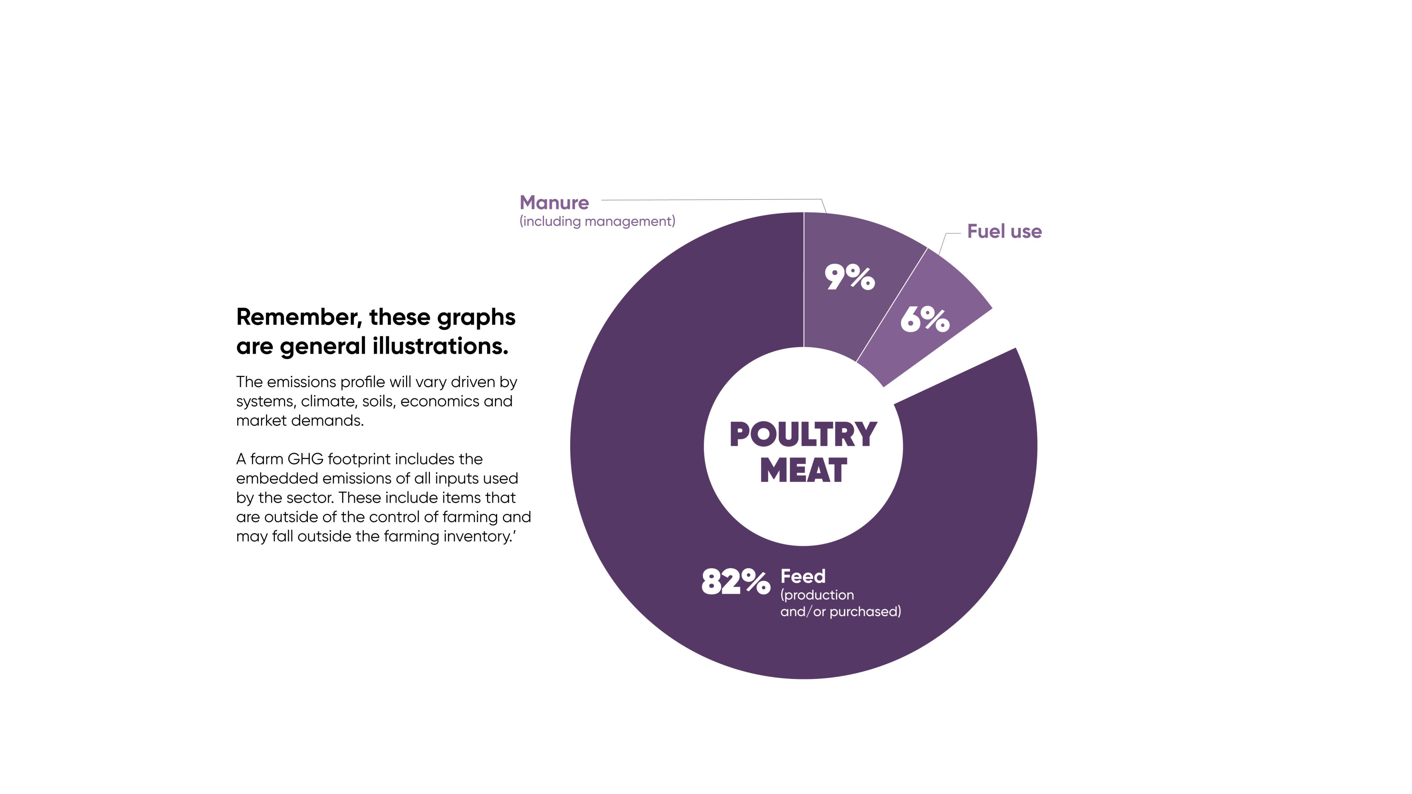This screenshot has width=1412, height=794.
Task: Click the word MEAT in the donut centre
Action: pyautogui.click(x=803, y=471)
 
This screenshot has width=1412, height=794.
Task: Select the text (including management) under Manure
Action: pyautogui.click(x=597, y=221)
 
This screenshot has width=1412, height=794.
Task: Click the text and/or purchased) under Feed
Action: pyautogui.click(x=840, y=612)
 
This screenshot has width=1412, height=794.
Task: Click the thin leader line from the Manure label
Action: pyautogui.click(x=713, y=200)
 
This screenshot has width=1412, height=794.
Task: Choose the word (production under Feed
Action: pyautogui.click(x=817, y=595)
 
